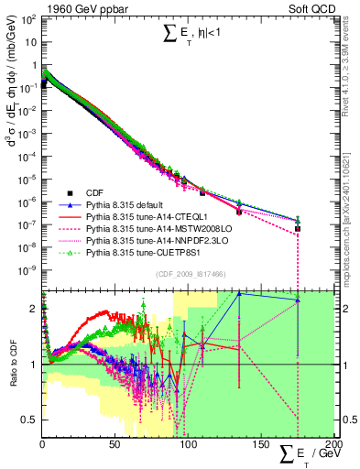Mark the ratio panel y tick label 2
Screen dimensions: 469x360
(x=34, y=309)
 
